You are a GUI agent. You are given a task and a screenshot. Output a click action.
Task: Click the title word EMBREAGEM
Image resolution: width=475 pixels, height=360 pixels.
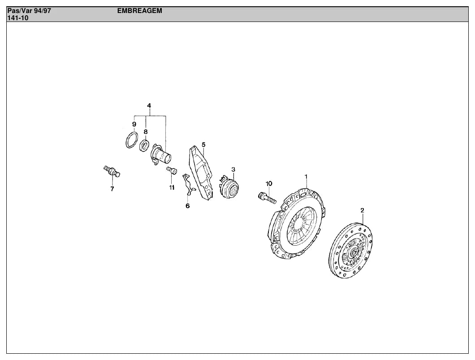tap(140, 11)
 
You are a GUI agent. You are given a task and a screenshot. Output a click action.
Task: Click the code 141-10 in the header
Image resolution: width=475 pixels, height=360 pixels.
tap(18, 18)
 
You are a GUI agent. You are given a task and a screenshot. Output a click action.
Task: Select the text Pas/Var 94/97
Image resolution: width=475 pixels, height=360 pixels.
tap(29, 11)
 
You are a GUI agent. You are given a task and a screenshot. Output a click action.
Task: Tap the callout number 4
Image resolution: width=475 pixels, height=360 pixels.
tap(149, 106)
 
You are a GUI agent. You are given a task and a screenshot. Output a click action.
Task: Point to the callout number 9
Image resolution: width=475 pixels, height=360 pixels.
tap(134, 124)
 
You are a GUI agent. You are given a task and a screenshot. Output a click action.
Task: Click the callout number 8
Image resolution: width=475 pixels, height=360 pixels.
tap(146, 132)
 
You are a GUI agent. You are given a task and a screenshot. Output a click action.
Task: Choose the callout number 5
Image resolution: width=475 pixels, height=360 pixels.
tap(203, 144)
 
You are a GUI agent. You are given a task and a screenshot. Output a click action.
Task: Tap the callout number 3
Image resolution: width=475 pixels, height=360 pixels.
tap(233, 169)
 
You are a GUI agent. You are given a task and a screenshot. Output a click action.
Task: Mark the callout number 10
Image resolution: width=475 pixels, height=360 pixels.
tap(269, 184)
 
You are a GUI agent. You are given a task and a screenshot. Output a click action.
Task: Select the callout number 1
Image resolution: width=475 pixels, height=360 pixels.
tap(306, 176)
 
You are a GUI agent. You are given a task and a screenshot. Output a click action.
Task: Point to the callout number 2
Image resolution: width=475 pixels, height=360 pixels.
tap(363, 210)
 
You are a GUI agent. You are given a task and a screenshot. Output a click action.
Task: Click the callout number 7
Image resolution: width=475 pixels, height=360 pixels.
tap(112, 189)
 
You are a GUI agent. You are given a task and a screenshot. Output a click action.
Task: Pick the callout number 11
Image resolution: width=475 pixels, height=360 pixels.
tap(172, 187)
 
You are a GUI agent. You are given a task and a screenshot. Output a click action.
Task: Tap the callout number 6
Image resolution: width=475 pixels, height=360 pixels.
tap(187, 206)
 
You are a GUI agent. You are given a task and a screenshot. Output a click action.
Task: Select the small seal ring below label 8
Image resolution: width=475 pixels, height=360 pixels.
tap(144, 145)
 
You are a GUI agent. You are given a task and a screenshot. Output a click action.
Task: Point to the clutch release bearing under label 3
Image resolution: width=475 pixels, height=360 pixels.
tap(229, 186)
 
